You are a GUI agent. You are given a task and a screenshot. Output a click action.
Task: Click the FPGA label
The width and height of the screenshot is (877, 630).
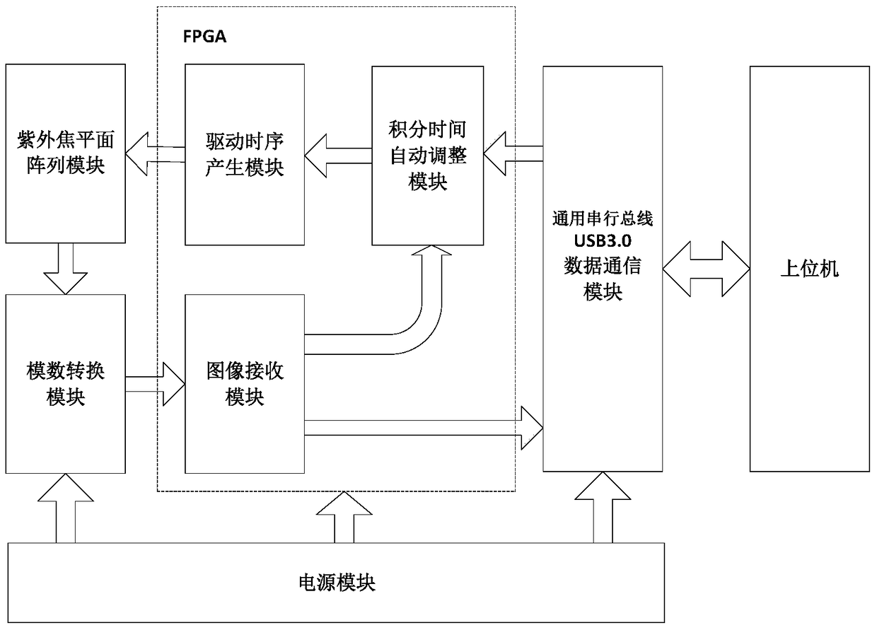coord(205,37)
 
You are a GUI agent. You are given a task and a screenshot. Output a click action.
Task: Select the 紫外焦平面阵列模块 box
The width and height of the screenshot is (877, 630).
coord(65,151)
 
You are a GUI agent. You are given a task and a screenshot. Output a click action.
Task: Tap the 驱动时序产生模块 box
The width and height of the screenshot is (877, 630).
coord(245,155)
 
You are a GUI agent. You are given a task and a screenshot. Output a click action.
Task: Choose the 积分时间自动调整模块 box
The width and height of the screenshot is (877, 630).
coord(428,155)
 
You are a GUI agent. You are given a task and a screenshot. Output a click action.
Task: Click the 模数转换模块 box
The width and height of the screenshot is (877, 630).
coord(65,383)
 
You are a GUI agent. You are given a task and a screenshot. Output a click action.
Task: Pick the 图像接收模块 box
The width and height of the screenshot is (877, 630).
coord(245,383)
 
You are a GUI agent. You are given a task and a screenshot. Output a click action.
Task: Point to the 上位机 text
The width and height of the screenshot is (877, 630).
coord(809,269)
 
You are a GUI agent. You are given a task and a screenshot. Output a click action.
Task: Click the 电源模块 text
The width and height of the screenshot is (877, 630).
coord(336,583)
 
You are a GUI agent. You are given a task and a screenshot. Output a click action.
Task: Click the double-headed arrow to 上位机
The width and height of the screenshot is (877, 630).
coord(706,269)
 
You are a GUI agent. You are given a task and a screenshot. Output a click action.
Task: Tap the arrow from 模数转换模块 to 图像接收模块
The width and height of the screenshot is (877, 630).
coord(156,384)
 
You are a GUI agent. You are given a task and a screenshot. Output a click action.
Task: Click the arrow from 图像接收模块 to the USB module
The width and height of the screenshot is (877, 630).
coord(424,427)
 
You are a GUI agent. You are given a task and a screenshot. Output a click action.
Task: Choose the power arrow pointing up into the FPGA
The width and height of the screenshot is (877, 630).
coord(344,517)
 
